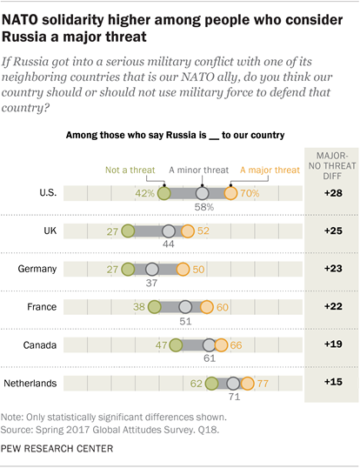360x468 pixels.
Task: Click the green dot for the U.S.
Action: tap(165, 194)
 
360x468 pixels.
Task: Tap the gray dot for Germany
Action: tap(153, 269)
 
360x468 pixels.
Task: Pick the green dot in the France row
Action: tap(154, 306)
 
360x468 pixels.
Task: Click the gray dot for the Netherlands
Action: tap(233, 383)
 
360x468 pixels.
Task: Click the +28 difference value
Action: tap(331, 193)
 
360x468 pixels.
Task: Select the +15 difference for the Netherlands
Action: tap(331, 383)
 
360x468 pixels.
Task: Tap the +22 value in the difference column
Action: tap(331, 306)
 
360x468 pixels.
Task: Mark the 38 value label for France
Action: tap(137, 306)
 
